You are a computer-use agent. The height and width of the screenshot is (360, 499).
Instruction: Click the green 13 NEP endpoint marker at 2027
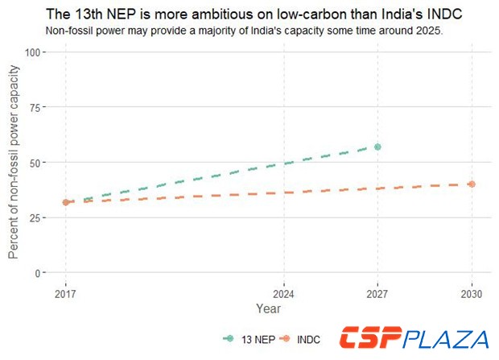(377, 147)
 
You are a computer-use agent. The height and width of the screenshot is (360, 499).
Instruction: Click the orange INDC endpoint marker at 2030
(472, 184)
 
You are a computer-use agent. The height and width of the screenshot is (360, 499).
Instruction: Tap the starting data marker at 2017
(65, 202)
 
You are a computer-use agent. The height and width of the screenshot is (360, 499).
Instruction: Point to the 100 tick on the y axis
(33, 52)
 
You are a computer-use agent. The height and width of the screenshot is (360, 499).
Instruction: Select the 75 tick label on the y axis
(35, 107)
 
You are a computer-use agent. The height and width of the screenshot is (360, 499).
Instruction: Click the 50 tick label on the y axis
(35, 162)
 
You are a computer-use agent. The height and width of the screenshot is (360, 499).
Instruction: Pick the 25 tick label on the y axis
(35, 217)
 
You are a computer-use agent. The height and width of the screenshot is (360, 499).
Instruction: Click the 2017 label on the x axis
(65, 294)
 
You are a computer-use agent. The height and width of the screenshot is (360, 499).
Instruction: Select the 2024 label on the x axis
(283, 294)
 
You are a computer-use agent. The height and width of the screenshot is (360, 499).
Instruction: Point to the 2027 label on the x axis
(377, 294)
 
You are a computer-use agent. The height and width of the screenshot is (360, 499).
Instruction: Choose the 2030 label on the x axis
(472, 294)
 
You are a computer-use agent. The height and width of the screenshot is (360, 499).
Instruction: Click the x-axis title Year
(268, 309)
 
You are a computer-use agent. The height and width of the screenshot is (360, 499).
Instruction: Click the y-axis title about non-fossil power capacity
(14, 163)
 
